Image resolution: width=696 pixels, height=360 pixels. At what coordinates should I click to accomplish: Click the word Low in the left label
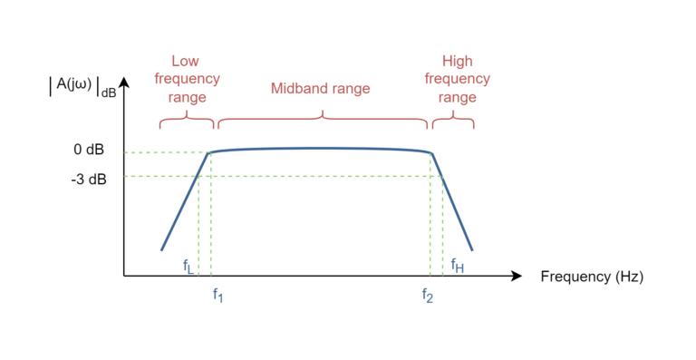pos(185,62)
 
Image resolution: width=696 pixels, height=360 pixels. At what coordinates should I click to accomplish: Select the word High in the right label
pos(457,62)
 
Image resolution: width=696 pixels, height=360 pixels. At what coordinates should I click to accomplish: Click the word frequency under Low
pos(187,79)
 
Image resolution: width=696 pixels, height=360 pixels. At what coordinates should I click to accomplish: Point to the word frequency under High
pos(457,79)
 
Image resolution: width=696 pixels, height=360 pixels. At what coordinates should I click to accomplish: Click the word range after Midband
pos(352,89)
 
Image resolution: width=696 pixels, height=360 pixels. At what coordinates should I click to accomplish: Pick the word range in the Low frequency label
pos(187,97)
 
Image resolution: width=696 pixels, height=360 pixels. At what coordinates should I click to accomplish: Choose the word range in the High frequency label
pos(457,97)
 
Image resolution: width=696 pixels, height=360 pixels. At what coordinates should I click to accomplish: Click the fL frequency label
pos(188,267)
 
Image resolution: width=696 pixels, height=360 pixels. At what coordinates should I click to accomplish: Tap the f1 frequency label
pos(217,295)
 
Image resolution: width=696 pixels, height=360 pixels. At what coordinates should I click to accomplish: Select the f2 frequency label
pos(427,295)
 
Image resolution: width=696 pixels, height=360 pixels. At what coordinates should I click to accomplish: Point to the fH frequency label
pos(458,266)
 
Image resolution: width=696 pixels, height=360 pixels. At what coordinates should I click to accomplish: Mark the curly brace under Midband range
pos(323,119)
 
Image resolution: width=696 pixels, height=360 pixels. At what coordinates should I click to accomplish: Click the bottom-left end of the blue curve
pos(162,248)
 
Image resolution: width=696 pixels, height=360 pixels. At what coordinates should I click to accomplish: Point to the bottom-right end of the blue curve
pos(472,249)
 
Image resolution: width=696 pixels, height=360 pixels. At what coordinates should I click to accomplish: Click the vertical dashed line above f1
pos(210,218)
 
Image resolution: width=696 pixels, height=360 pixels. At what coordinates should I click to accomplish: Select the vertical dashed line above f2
pos(430,218)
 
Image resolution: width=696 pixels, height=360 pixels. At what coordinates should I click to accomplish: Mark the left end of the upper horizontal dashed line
pos(126,152)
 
